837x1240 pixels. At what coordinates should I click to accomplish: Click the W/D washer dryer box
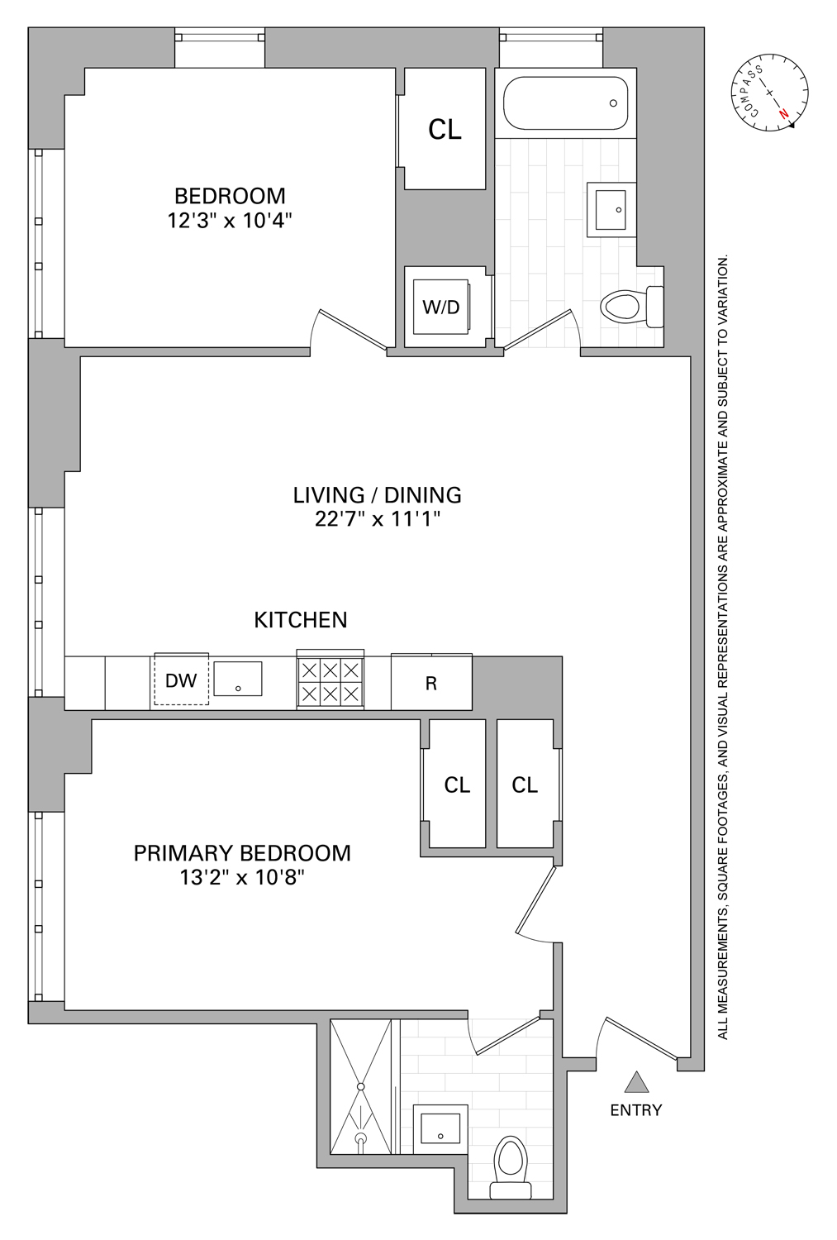tap(441, 308)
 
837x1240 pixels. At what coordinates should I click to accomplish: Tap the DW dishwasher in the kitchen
tap(181, 680)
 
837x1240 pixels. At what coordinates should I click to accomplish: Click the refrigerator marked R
tap(431, 684)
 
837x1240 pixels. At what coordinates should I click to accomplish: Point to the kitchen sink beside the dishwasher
tap(238, 679)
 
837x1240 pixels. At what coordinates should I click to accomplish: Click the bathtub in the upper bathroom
tap(565, 103)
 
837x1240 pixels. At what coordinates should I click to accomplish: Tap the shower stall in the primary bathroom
tap(361, 1087)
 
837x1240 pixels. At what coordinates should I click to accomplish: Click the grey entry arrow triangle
tap(635, 1083)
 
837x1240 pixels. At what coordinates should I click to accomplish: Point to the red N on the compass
tap(783, 114)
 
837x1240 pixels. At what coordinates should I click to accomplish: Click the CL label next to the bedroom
tap(445, 130)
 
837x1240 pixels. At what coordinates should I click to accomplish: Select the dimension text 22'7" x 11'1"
tap(377, 520)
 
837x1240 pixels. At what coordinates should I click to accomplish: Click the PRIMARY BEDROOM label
tap(242, 853)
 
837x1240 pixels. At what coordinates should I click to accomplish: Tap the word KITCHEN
tap(301, 620)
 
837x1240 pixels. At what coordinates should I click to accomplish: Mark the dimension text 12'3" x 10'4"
tap(230, 221)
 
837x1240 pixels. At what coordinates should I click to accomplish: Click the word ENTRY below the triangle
tap(635, 1110)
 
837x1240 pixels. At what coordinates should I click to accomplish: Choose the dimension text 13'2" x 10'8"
tap(242, 877)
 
